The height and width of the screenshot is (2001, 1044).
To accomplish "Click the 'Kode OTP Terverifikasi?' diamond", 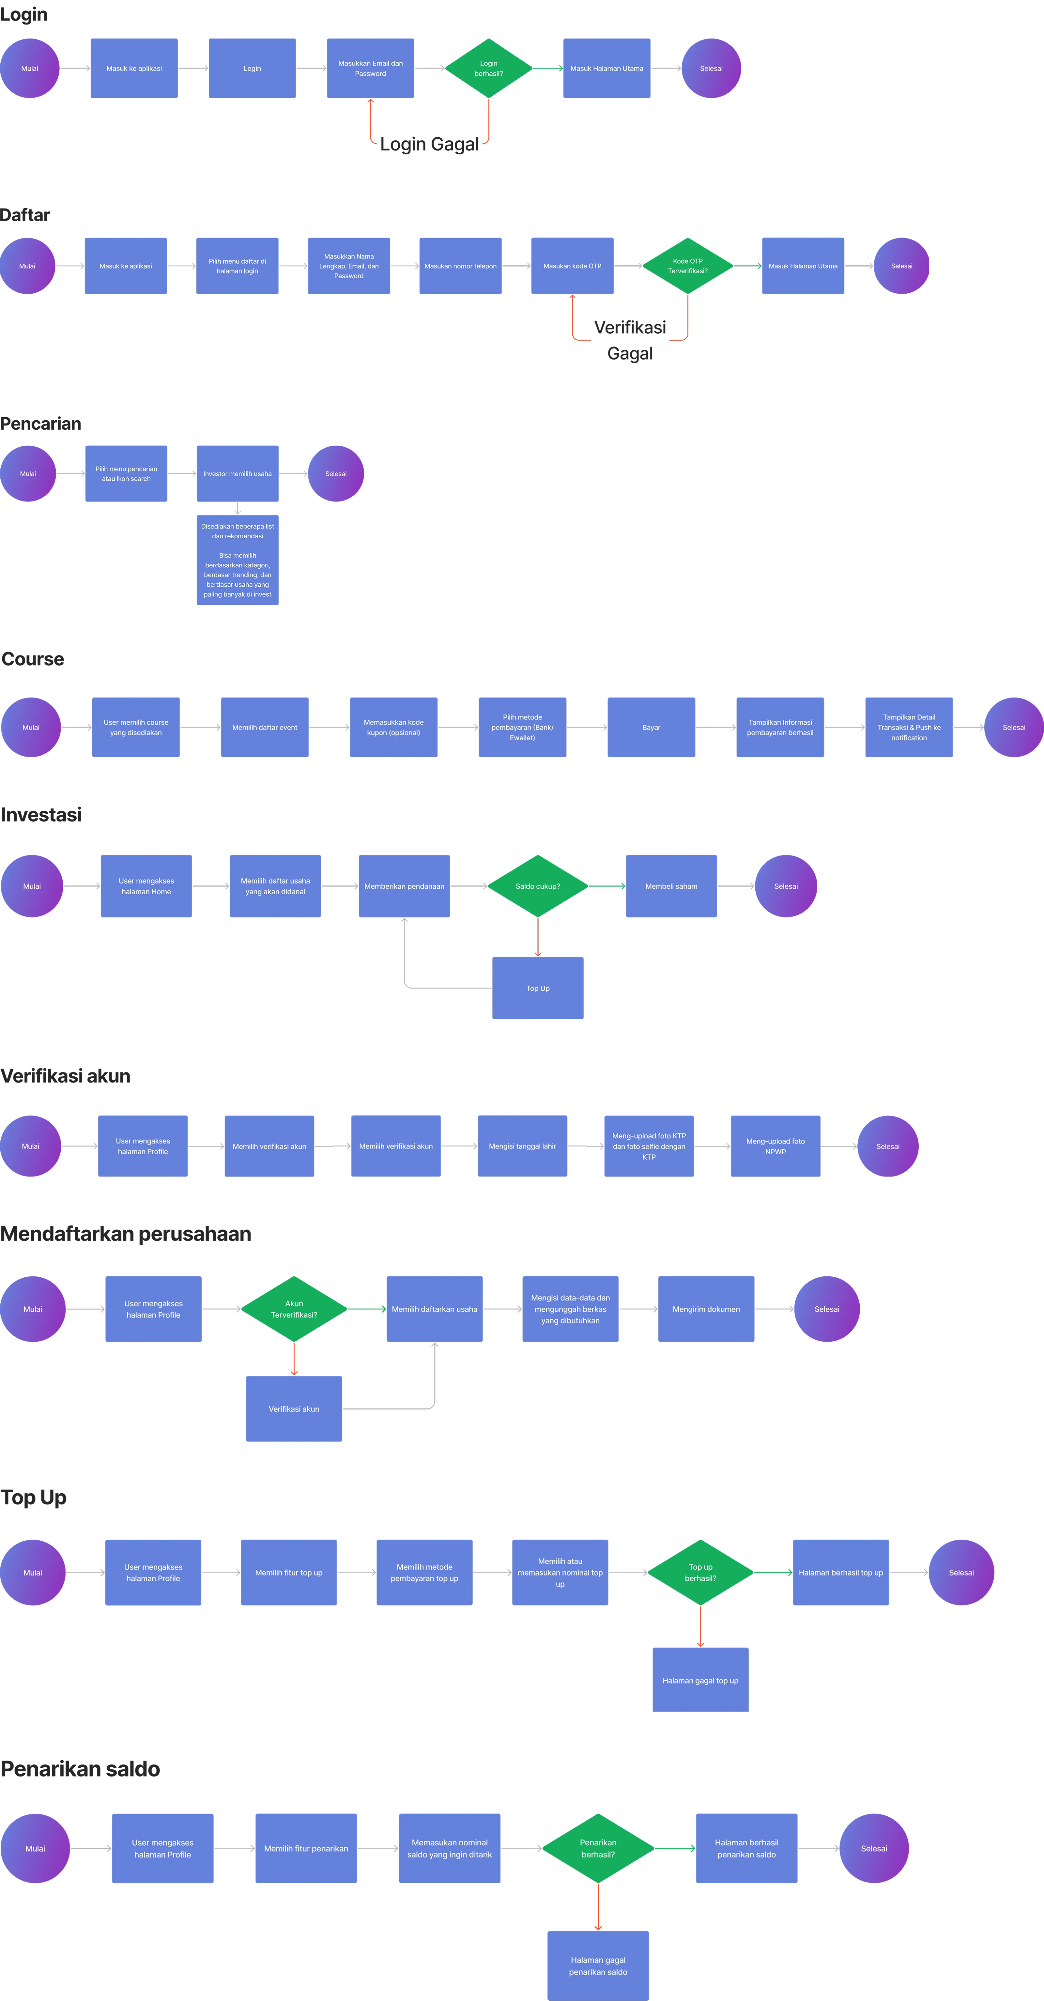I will coord(687,266).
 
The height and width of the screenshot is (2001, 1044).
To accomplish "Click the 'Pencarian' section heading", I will coord(40,423).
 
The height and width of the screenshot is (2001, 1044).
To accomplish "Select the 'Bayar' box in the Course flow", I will coord(651,727).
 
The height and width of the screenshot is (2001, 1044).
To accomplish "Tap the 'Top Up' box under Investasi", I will coord(538,988).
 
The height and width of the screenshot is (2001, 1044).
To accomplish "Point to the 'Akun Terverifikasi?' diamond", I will coord(294,1309).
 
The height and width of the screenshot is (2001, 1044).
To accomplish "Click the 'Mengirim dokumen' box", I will coord(706,1309).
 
